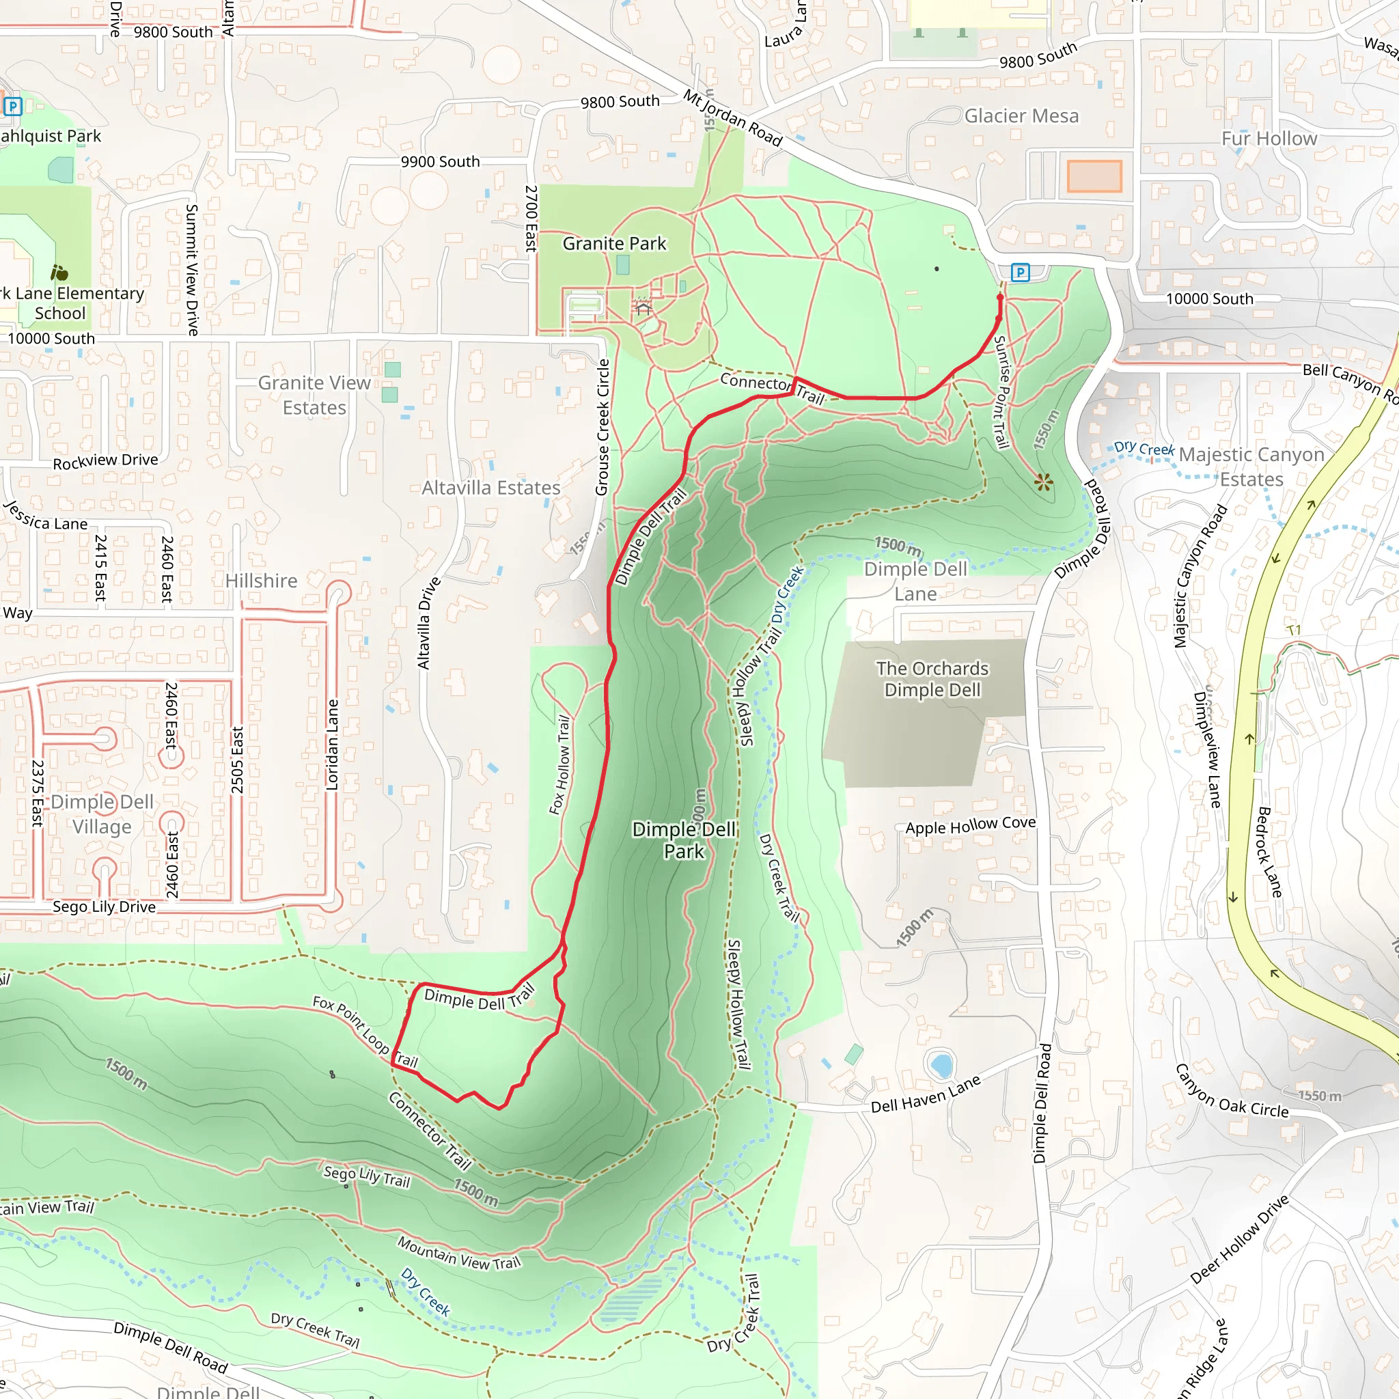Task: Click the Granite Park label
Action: coord(614,244)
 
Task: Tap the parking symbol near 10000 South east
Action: coord(1021,273)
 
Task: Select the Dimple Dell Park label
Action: coord(684,840)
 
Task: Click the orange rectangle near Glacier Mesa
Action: coord(1094,176)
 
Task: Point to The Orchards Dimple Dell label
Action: coord(932,679)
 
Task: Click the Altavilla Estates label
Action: coord(491,488)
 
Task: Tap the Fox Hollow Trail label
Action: coord(559,764)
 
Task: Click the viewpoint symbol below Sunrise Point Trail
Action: coord(1044,482)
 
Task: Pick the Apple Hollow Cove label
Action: coord(970,825)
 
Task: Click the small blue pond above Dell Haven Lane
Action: coord(941,1065)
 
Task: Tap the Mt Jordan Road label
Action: coord(732,118)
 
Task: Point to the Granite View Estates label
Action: coord(314,396)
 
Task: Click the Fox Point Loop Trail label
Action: coord(365,1033)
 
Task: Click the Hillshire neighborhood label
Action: coord(261,581)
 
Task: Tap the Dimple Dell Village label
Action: coord(102,814)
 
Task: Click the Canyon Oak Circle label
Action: coord(1231,1091)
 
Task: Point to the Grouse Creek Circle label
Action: coord(602,427)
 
